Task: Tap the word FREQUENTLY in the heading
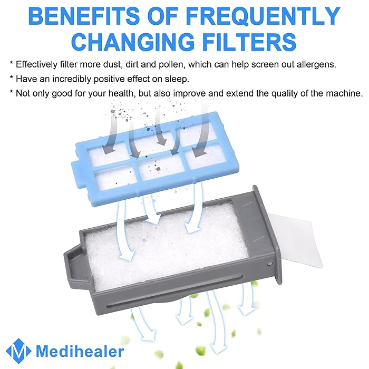pos(263,16)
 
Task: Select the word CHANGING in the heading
pos(132,42)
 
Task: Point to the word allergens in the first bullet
pos(316,64)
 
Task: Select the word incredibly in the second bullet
pos(72,79)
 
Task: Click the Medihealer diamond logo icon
pos(18,351)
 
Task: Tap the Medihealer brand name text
pos(80,351)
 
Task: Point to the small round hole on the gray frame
pos(270,264)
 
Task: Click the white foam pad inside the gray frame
pos(164,245)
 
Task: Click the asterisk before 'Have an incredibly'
pos(11,77)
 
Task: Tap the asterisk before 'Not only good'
pos(11,92)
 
